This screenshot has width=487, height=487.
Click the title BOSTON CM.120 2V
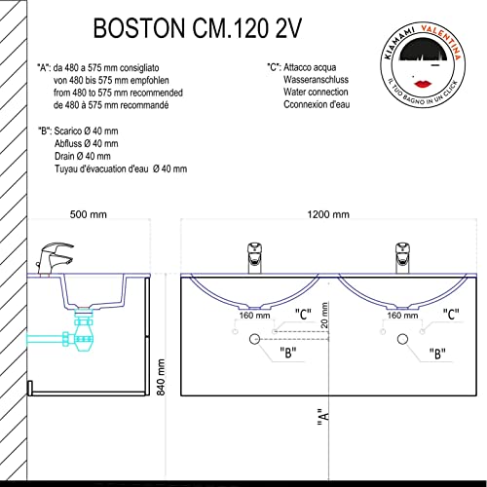[198, 28]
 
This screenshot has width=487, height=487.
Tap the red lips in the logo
[424, 84]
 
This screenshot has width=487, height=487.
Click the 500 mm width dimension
[89, 214]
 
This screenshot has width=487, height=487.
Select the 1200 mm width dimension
[328, 214]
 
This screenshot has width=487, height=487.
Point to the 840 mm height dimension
[161, 377]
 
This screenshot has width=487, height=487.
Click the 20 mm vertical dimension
[324, 316]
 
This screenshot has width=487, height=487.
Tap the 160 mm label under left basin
[254, 316]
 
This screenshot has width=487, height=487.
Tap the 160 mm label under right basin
[402, 316]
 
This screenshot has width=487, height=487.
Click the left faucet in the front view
[255, 258]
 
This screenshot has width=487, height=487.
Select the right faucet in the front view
[402, 258]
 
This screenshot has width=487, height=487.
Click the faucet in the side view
[54, 259]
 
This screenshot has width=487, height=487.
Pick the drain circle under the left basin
[254, 339]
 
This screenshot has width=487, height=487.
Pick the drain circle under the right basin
[402, 339]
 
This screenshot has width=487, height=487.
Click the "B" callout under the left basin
[288, 353]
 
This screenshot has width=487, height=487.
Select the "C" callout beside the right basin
[451, 314]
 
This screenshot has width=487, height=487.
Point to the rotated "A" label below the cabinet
[323, 419]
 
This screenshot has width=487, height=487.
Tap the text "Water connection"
[316, 93]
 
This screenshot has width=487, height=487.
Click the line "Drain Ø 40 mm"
[83, 156]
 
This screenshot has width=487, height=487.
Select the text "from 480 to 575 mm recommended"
[118, 93]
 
